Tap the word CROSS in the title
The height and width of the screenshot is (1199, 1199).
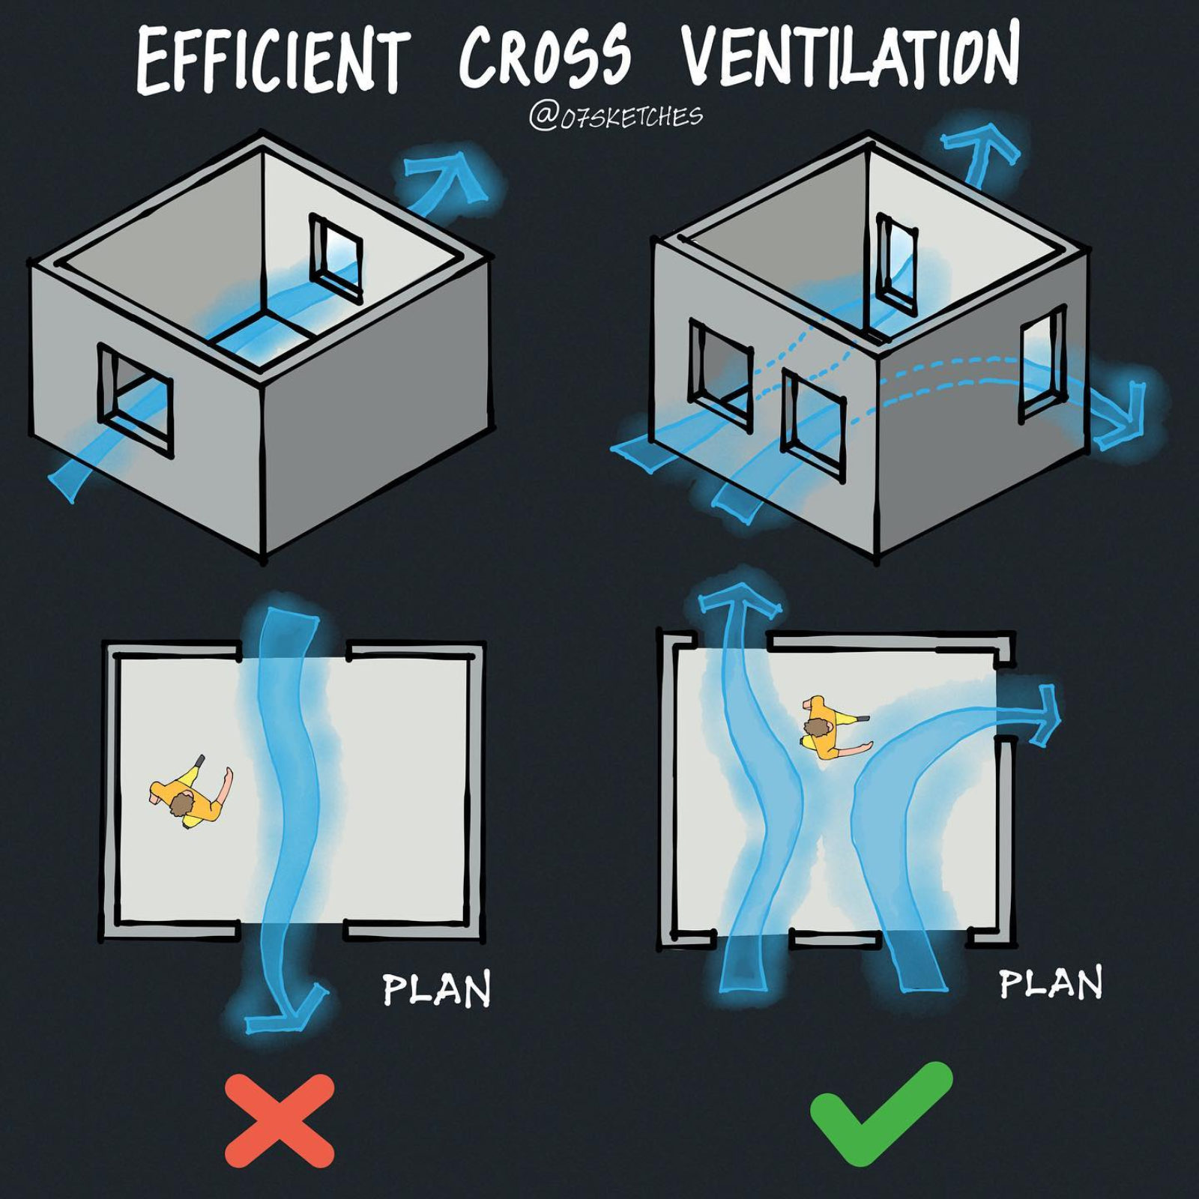click(x=546, y=57)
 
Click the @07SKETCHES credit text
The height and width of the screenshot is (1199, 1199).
click(x=616, y=116)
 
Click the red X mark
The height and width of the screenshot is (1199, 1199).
click(x=279, y=1120)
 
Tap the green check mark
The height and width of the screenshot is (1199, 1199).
click(x=881, y=1112)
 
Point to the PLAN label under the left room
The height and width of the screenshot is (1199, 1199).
click(x=436, y=990)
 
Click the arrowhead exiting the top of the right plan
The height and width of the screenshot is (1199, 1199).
click(x=738, y=600)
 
